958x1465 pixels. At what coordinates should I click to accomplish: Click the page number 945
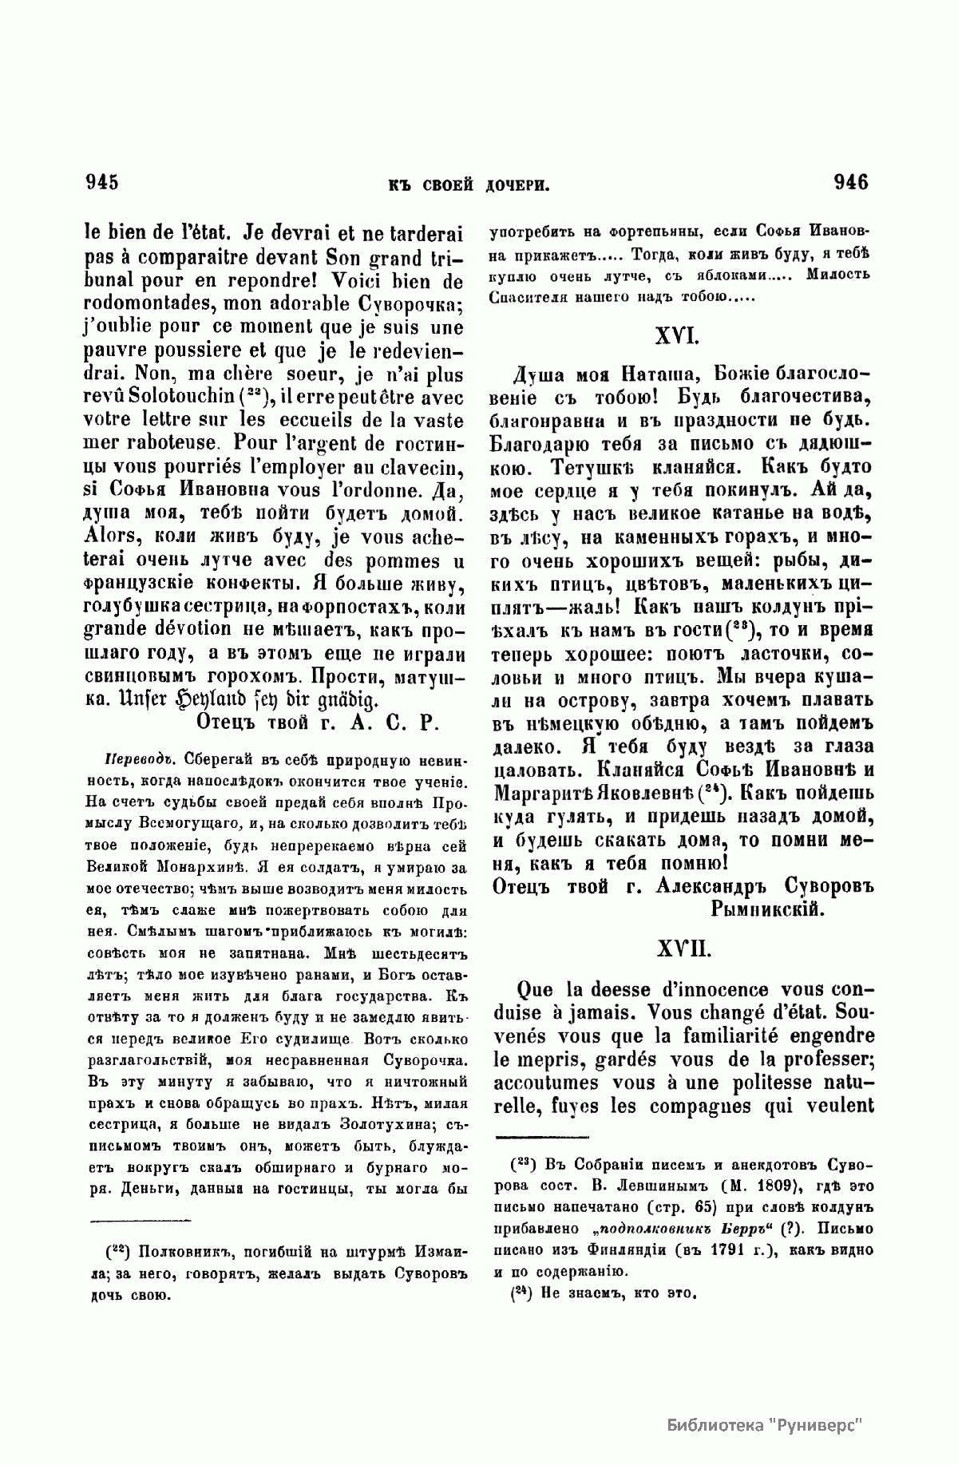click(x=102, y=183)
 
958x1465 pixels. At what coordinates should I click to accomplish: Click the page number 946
click(x=850, y=183)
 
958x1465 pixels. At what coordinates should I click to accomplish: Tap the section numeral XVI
click(x=678, y=338)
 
